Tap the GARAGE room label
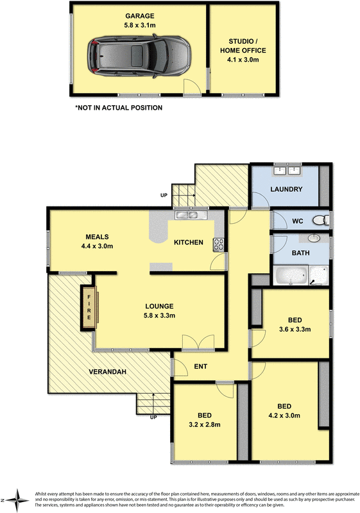[140, 15]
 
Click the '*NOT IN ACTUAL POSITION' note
[119, 108]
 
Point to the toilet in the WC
[320, 221]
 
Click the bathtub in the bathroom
[292, 276]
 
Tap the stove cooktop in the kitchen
[219, 244]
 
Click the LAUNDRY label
[286, 190]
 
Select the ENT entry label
[200, 367]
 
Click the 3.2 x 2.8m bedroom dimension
[203, 424]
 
